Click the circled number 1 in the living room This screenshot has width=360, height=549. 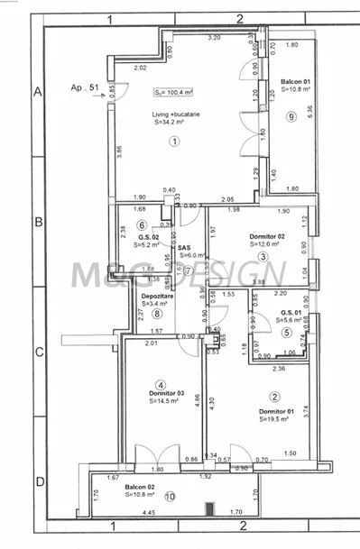(174, 141)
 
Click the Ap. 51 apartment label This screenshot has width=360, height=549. (83, 87)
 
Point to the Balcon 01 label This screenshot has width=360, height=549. (294, 80)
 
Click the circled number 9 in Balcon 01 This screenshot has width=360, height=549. (291, 116)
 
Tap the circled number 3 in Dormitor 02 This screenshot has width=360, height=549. (263, 257)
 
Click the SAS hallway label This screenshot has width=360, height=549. (184, 246)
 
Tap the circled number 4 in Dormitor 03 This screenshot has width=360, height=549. (161, 384)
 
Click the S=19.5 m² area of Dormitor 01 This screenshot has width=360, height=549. (275, 418)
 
